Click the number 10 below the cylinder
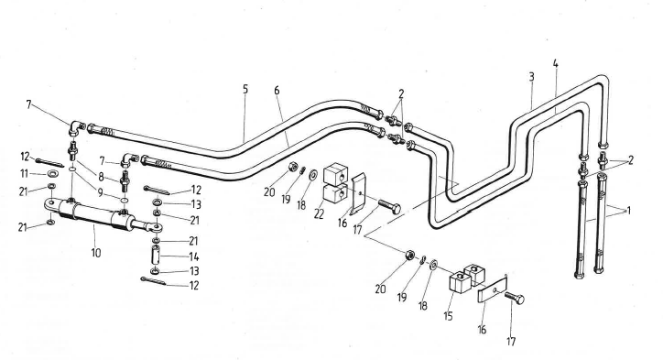(96, 253)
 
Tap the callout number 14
(193, 256)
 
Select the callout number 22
(319, 214)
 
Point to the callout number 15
(448, 316)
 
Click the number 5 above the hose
(245, 89)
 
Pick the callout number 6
(277, 90)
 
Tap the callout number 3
(531, 77)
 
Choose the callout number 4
(555, 64)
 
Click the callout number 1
(629, 211)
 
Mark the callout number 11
(25, 173)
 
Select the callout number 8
(101, 177)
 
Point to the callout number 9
(100, 192)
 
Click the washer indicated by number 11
(53, 173)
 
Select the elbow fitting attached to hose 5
(76, 127)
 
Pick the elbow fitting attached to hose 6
(128, 160)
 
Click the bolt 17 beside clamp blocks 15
(514, 298)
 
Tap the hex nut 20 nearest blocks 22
(292, 168)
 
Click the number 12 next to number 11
(25, 157)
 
